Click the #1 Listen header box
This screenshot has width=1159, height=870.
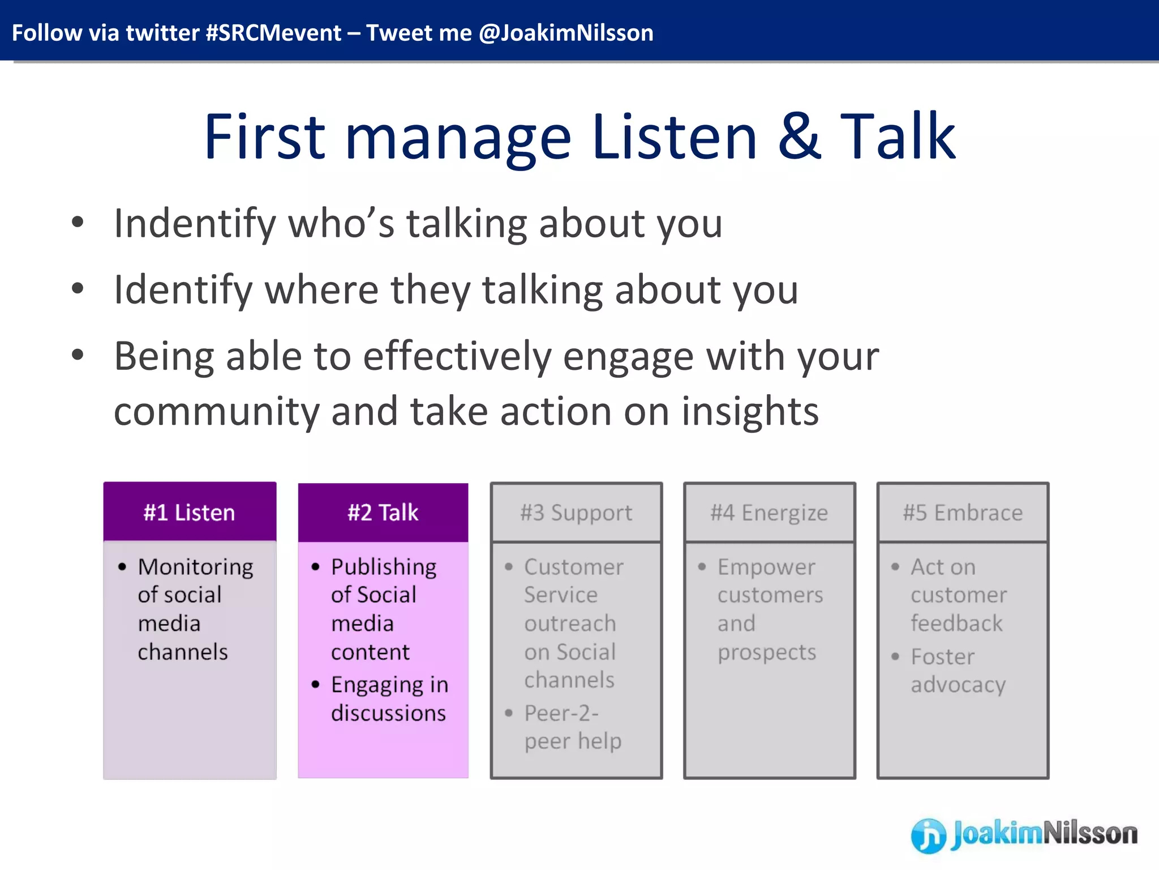pyautogui.click(x=190, y=512)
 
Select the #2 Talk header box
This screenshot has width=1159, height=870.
pyautogui.click(x=383, y=512)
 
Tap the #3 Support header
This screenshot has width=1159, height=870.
pyautogui.click(x=576, y=513)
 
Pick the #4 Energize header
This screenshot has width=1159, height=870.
pyautogui.click(x=769, y=513)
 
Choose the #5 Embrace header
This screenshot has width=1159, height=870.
pyautogui.click(x=963, y=513)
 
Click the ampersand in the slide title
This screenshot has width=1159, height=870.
pyautogui.click(x=799, y=137)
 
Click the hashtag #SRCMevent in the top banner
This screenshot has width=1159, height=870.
pyautogui.click(x=273, y=33)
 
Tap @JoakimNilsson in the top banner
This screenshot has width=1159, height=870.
pyautogui.click(x=566, y=33)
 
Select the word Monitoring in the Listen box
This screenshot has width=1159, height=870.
pyautogui.click(x=195, y=567)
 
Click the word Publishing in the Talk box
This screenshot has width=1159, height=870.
pyautogui.click(x=384, y=567)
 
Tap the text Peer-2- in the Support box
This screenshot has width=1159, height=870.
pyautogui.click(x=561, y=713)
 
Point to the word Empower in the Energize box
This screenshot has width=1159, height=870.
pyautogui.click(x=766, y=567)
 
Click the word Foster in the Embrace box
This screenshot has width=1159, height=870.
pyautogui.click(x=942, y=657)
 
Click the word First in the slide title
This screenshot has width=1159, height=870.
pyautogui.click(x=264, y=137)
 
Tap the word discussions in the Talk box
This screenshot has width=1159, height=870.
pyautogui.click(x=388, y=713)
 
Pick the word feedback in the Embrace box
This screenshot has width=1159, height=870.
pyautogui.click(x=956, y=624)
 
